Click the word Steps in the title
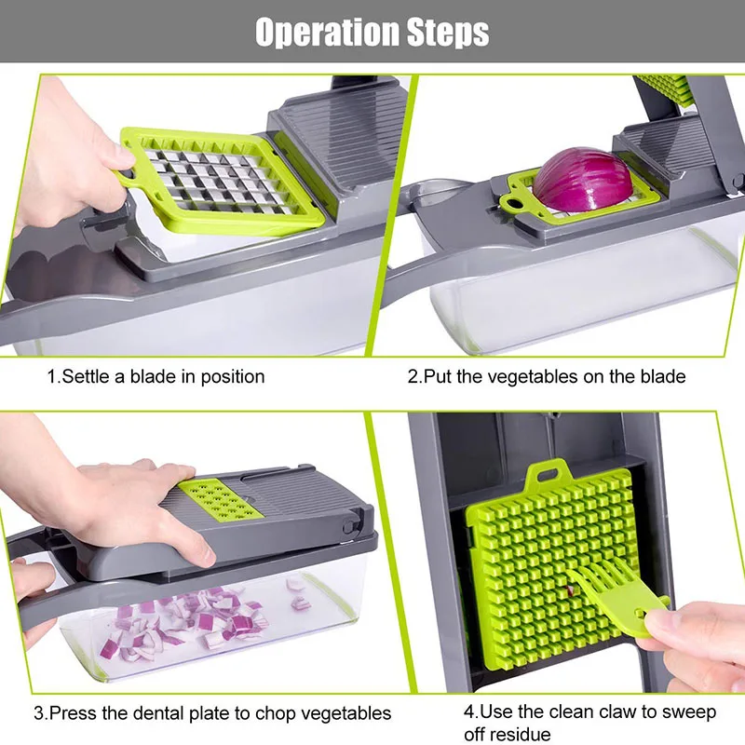[x=440, y=33]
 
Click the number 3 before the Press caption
[x=39, y=714]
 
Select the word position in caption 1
[x=232, y=377]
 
